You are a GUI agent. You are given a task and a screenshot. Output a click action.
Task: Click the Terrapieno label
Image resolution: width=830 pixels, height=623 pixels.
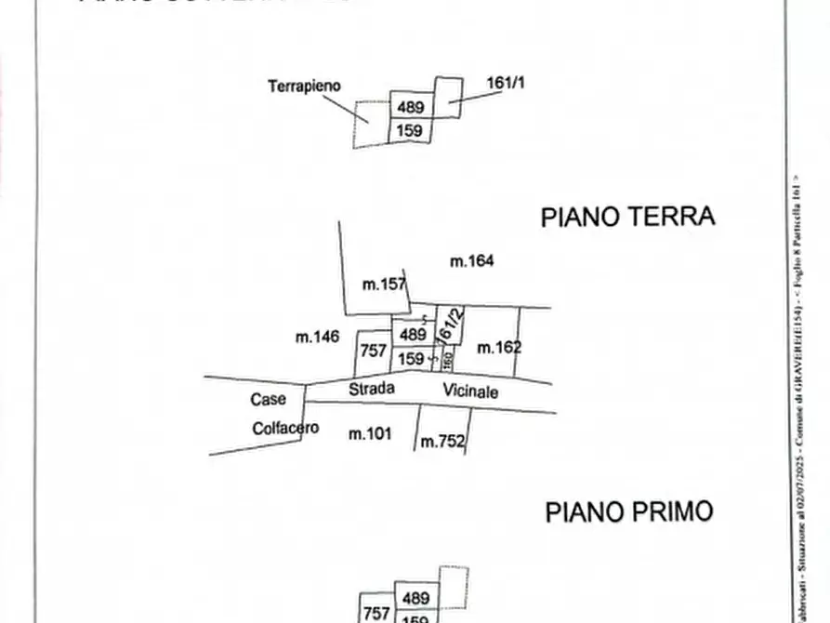click(x=304, y=86)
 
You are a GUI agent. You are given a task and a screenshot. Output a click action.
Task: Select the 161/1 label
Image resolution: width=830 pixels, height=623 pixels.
click(x=506, y=83)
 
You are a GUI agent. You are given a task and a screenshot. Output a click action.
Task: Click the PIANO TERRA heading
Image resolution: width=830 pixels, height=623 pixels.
click(x=627, y=217)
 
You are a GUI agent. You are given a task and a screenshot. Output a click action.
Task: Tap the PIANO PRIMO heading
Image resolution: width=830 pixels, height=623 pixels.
click(x=628, y=511)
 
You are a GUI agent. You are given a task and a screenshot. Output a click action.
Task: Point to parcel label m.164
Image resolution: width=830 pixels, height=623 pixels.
click(x=471, y=261)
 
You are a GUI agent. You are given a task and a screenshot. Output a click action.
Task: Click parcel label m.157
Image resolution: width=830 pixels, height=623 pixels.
click(x=384, y=284)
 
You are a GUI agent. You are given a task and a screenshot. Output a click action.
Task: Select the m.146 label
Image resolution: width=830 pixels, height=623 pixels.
click(x=318, y=338)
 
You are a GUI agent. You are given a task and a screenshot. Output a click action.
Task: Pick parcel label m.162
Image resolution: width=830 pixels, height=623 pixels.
click(x=498, y=348)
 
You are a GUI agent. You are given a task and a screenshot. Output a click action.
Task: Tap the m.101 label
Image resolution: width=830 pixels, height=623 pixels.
click(x=369, y=433)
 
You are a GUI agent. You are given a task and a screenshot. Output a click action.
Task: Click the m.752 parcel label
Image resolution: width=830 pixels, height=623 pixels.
click(x=442, y=443)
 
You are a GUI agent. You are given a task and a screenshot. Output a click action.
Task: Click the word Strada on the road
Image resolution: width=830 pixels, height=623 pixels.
click(x=372, y=389)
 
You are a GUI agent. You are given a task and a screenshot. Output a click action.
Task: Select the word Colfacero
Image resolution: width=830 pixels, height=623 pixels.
click(x=285, y=429)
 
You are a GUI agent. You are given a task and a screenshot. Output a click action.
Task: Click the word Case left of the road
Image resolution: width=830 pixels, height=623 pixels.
click(x=268, y=400)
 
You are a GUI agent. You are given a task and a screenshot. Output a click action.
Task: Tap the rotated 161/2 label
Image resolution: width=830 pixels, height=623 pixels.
click(x=449, y=324)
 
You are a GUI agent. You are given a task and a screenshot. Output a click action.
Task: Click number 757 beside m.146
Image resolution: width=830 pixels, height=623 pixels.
click(x=373, y=351)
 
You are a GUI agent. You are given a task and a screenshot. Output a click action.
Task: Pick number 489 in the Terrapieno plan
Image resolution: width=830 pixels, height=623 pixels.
click(x=410, y=108)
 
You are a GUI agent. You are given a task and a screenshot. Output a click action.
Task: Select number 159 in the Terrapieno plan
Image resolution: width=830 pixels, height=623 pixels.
click(x=410, y=131)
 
